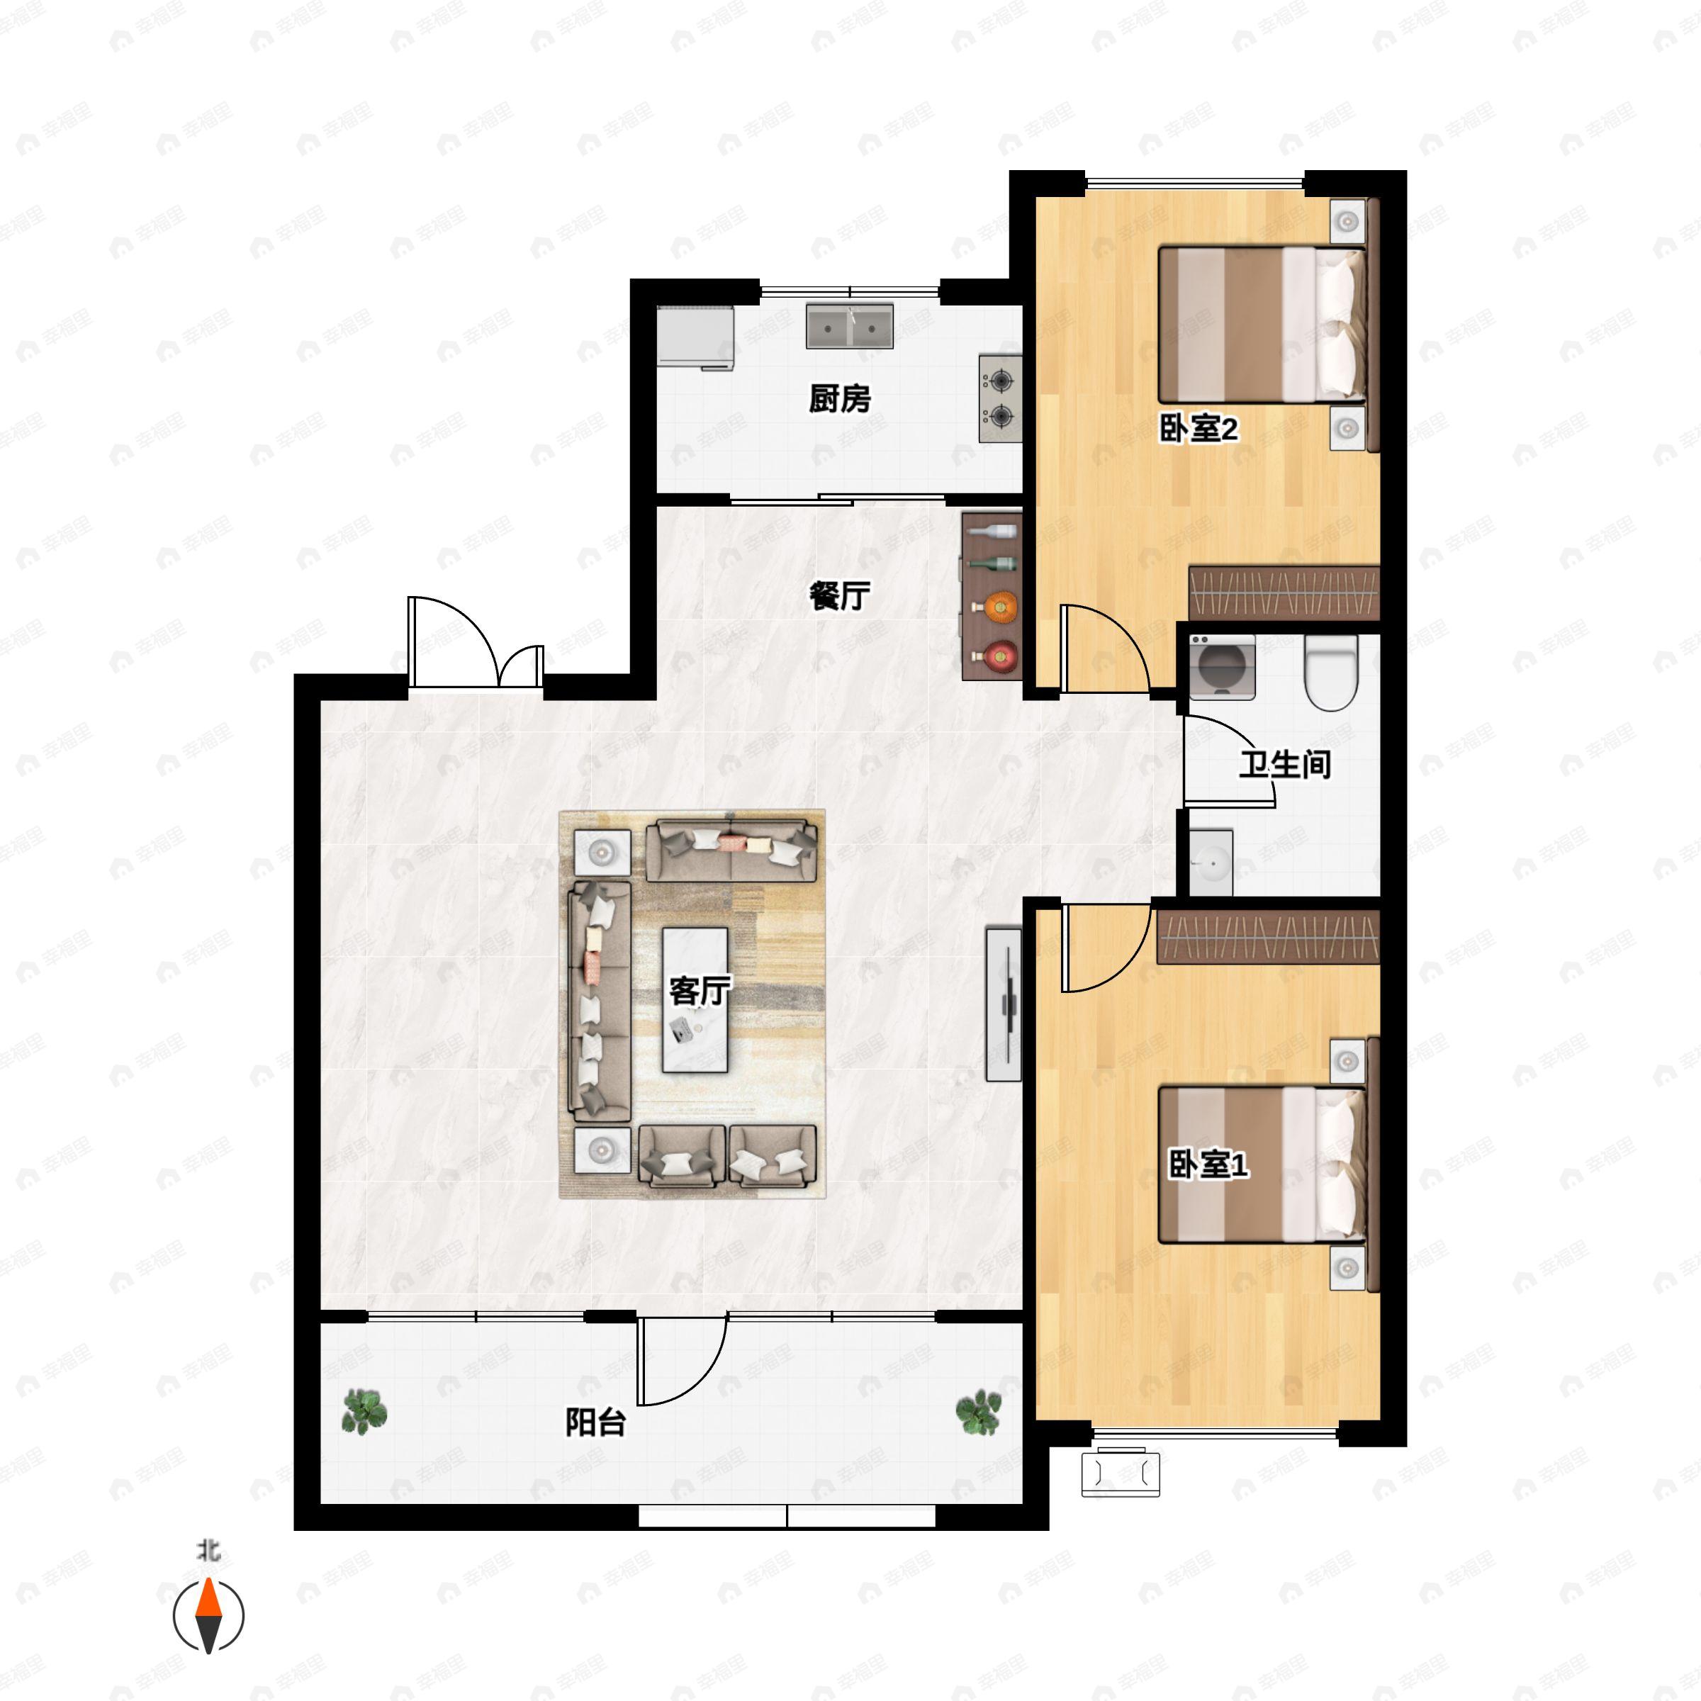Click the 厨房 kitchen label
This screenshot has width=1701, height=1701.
point(840,399)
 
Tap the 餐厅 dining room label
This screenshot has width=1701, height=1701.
point(840,596)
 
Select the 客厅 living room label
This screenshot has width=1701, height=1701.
point(700,992)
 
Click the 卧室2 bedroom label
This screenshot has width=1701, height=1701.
point(1198,429)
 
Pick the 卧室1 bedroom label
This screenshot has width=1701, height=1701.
point(1208,1164)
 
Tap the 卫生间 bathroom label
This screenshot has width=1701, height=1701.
point(1284,763)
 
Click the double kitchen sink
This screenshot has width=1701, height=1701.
point(850,326)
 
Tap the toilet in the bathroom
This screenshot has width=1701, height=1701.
point(1330,673)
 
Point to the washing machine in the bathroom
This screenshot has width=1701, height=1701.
point(1222,666)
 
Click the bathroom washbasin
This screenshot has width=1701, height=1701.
point(1211,861)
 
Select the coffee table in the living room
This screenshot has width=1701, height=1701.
point(695,999)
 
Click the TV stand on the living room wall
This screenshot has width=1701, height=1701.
point(1004,1004)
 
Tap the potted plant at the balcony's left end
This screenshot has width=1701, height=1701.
point(364,1411)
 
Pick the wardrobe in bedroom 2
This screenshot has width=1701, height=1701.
point(1284,593)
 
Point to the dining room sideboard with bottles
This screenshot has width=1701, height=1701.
point(992,596)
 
